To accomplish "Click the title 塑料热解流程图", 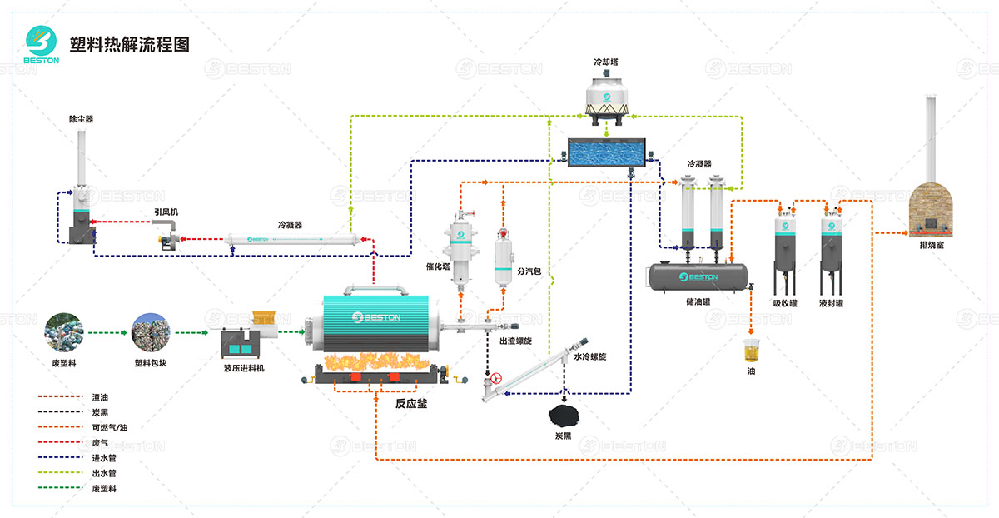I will [x=130, y=45].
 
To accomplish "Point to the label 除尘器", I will [x=81, y=119].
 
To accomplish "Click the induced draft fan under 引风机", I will [x=168, y=239].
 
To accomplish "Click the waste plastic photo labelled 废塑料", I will [x=63, y=331].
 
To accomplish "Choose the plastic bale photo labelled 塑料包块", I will [x=151, y=331].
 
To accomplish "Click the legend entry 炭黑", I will [x=97, y=412].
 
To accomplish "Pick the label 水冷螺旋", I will [x=590, y=356].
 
